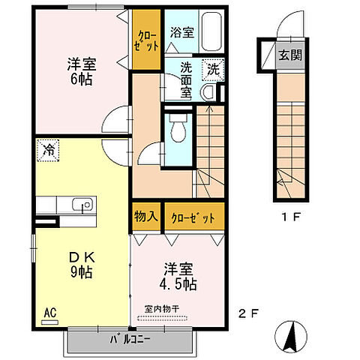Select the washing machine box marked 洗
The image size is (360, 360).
pos(214,69)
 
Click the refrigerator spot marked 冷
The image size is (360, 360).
pos(47,148)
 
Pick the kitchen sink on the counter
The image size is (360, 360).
pos(81,204)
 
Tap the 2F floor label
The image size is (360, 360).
pos(250,313)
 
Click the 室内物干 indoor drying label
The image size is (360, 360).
pos(162,308)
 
